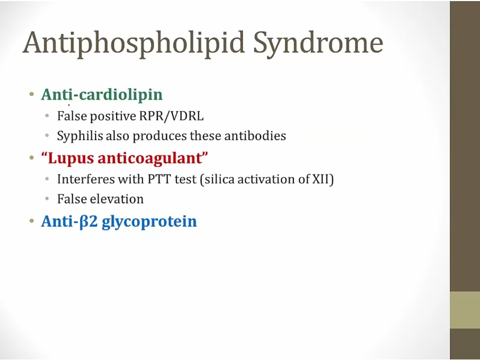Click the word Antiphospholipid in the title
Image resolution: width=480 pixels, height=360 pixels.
133,44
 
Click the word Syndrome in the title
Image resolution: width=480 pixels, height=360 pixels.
318,44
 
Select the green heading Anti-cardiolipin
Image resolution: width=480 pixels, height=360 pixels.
102,94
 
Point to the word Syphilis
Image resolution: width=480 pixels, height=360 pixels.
80,136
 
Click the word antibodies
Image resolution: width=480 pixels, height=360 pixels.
255,135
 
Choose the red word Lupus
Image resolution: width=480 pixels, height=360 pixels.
71,158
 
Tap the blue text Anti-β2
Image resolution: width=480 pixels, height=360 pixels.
69,221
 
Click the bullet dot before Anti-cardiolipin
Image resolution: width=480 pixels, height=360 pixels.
31,94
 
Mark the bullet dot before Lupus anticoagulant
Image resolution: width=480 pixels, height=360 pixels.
31,158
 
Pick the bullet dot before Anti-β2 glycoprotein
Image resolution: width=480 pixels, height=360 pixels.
31,221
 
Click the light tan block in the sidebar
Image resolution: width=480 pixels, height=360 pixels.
465,310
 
